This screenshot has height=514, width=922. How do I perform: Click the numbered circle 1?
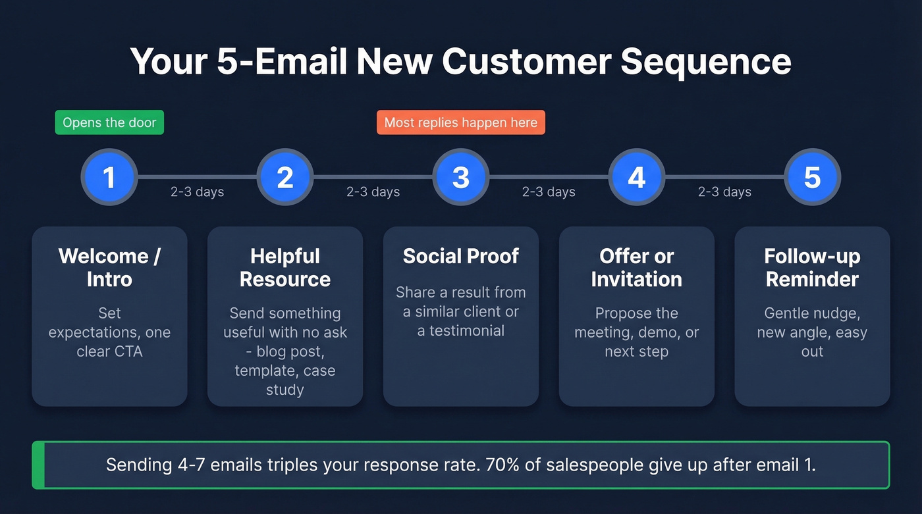(x=109, y=177)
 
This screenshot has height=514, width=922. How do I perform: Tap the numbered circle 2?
(x=285, y=177)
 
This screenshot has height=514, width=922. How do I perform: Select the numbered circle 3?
(x=461, y=177)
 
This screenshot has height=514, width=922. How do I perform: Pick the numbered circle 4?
(x=636, y=177)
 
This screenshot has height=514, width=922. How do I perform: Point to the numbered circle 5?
(x=812, y=177)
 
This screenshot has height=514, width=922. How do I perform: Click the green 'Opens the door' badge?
(x=109, y=122)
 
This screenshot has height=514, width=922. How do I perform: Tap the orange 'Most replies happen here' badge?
(x=460, y=122)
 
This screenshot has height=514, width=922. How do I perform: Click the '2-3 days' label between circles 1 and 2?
(x=197, y=192)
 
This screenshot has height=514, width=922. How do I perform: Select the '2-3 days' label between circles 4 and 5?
(x=724, y=192)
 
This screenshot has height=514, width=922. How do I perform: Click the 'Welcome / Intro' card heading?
(x=109, y=267)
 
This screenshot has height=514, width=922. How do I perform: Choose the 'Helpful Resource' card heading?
(x=285, y=267)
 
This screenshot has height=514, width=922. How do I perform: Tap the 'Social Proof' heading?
(x=461, y=256)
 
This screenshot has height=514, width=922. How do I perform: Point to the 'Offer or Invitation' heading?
(x=636, y=267)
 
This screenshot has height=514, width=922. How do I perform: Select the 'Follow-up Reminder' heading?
(x=812, y=267)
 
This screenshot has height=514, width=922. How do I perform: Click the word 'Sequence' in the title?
(x=706, y=61)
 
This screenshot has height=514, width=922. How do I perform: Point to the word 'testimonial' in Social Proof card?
(x=467, y=330)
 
